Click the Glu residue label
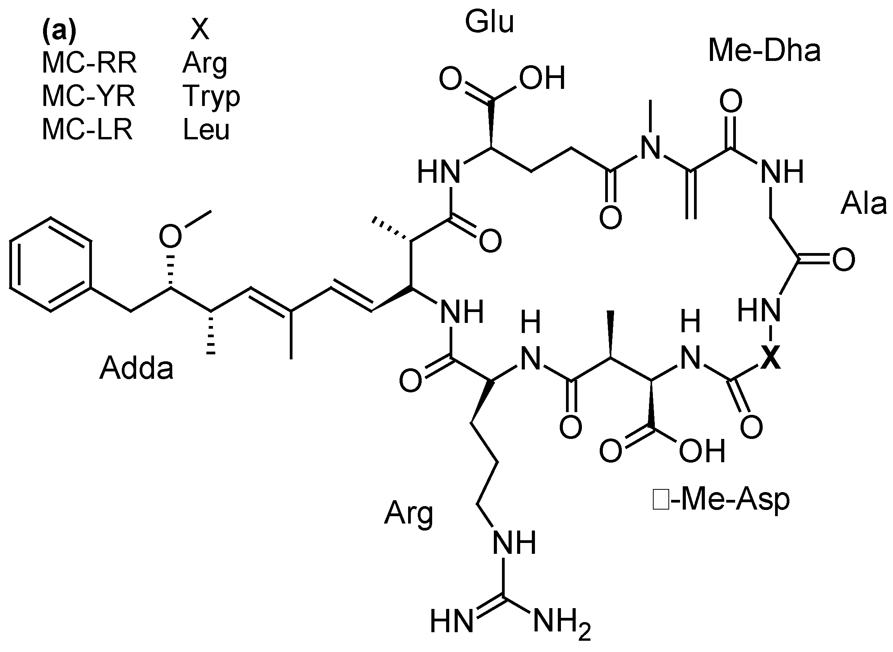(x=490, y=22)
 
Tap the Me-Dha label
(x=764, y=51)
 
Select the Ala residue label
(x=863, y=205)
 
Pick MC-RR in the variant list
(x=89, y=63)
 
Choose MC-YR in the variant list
(x=89, y=96)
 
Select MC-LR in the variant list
(x=87, y=130)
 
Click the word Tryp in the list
(x=211, y=97)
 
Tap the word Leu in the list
(x=206, y=130)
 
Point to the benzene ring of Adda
(x=50, y=264)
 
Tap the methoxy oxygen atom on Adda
(x=170, y=236)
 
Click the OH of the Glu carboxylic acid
(x=542, y=78)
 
